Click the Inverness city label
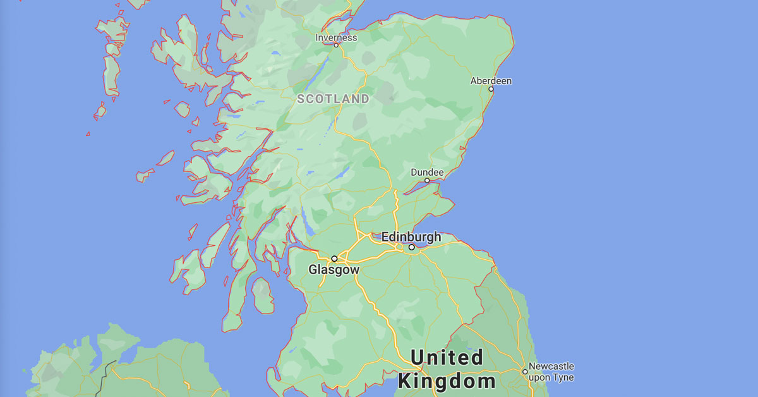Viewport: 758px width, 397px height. tap(336, 37)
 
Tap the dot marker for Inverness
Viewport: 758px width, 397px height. tap(336, 46)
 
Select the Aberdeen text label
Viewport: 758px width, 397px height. tap(491, 81)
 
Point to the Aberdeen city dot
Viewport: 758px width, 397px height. tap(491, 89)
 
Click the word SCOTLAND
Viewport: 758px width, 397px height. tap(333, 99)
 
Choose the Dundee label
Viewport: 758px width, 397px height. tap(427, 173)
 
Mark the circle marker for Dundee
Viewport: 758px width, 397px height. tap(427, 181)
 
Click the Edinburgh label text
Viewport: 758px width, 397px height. tap(411, 237)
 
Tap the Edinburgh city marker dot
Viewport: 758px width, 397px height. tap(411, 247)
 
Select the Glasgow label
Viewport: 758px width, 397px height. tap(334, 270)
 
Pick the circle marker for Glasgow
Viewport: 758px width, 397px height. tap(334, 259)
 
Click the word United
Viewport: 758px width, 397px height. tap(447, 358)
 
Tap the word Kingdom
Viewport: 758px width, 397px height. tap(447, 381)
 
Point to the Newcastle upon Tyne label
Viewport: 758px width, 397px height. tap(551, 372)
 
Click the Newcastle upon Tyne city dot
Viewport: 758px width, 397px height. tap(524, 372)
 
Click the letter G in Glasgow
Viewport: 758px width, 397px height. tap(313, 270)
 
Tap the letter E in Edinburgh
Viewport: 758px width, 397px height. tap(385, 237)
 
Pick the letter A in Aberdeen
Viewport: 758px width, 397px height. tap(474, 81)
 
